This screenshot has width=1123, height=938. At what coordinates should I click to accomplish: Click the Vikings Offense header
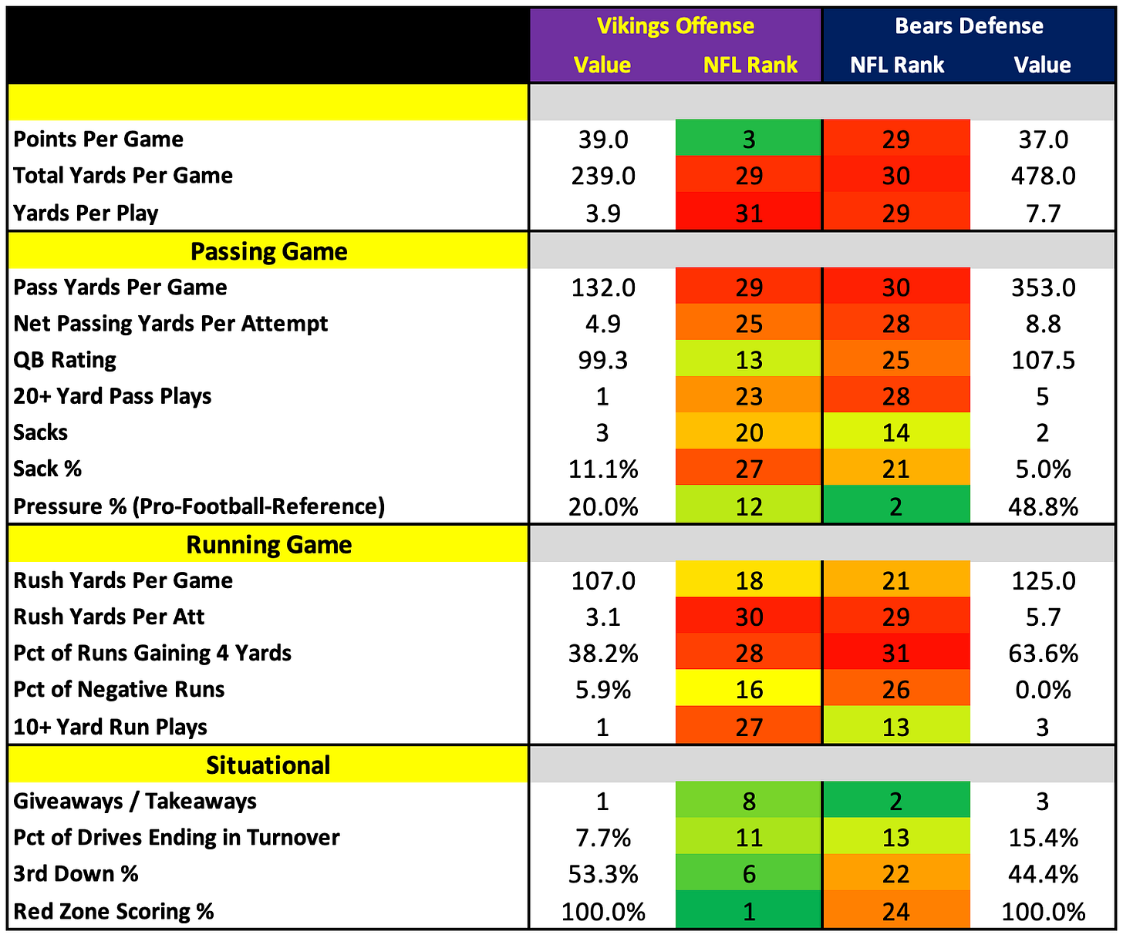[675, 25]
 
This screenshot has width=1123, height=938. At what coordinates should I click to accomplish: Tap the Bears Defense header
[969, 25]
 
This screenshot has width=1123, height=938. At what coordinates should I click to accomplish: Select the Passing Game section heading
[269, 251]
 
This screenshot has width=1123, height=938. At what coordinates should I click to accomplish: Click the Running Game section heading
[269, 544]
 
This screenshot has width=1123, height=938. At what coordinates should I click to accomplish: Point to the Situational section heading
[268, 765]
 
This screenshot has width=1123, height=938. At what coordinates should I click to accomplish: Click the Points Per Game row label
[99, 140]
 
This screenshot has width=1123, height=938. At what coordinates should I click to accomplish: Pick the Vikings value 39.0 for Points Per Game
[603, 140]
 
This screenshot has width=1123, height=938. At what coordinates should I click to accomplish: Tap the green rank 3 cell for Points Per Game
[748, 139]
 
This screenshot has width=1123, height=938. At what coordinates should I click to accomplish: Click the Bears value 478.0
[1043, 176]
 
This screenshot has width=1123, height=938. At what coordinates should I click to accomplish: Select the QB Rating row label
[65, 360]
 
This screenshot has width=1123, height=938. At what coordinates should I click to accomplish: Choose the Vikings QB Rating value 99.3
[603, 361]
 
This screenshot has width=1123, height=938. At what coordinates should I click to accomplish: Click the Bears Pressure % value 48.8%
[1043, 507]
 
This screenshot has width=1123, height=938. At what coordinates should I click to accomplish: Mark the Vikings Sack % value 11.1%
[603, 470]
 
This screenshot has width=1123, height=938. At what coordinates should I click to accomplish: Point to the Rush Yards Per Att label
[109, 617]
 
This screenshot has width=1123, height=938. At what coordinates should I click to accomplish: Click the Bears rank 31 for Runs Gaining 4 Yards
[896, 653]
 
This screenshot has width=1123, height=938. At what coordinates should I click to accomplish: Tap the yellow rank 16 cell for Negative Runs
[748, 690]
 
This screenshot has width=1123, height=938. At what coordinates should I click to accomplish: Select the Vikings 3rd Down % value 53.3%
[603, 875]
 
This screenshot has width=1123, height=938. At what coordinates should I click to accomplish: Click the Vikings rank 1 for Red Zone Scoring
[748, 910]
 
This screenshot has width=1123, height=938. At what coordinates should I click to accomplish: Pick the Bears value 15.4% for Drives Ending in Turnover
[1043, 838]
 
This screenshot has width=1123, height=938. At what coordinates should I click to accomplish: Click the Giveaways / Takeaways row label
[135, 802]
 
